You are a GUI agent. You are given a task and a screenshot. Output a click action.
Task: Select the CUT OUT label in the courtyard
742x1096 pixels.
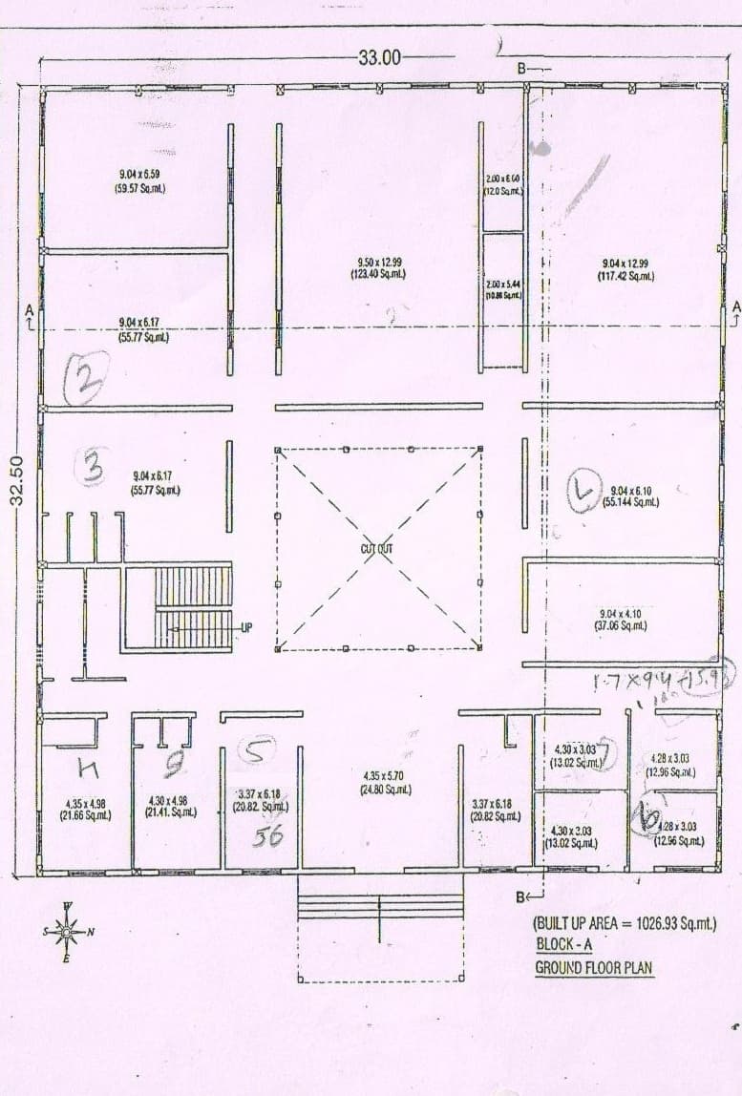377,549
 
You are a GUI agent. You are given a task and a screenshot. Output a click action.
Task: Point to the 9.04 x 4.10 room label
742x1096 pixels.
625,613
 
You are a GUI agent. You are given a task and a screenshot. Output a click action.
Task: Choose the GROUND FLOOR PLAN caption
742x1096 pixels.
594,967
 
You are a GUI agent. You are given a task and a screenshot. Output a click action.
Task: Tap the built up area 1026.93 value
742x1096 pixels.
673,924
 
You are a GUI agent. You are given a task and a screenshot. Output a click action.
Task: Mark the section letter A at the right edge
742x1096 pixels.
735,307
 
